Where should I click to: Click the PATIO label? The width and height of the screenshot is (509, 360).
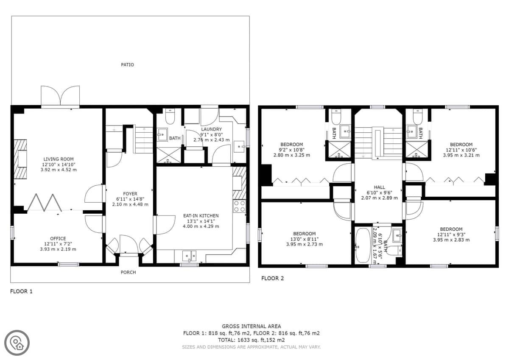pyautogui.click(x=127, y=65)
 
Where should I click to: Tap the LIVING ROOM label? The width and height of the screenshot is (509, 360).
pyautogui.click(x=59, y=159)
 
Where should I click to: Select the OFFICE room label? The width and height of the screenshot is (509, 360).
pyautogui.click(x=58, y=238)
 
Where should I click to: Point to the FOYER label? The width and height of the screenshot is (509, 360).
pyautogui.click(x=130, y=194)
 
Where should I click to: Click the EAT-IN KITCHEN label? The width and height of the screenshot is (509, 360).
pyautogui.click(x=201, y=215)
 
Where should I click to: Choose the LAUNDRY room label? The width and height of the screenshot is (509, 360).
pyautogui.click(x=211, y=129)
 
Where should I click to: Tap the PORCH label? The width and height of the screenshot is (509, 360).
pyautogui.click(x=128, y=272)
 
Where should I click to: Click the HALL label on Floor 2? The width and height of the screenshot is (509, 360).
pyautogui.click(x=379, y=187)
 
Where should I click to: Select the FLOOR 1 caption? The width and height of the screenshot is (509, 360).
pyautogui.click(x=21, y=291)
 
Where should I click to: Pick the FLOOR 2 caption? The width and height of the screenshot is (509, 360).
pyautogui.click(x=272, y=279)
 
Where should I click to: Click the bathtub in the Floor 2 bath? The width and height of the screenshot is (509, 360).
pyautogui.click(x=363, y=245)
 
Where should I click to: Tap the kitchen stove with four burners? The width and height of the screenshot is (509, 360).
pyautogui.click(x=240, y=206)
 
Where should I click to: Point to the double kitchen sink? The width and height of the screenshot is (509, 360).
pyautogui.click(x=189, y=256)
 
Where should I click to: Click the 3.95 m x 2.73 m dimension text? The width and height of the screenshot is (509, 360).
pyautogui.click(x=304, y=244)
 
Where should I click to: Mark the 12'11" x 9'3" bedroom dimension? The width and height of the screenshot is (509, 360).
pyautogui.click(x=451, y=234)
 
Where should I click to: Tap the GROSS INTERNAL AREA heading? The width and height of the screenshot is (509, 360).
pyautogui.click(x=251, y=327)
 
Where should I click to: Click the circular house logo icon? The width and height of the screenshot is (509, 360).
pyautogui.click(x=17, y=343)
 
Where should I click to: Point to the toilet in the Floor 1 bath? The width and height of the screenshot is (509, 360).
pyautogui.click(x=170, y=116)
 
